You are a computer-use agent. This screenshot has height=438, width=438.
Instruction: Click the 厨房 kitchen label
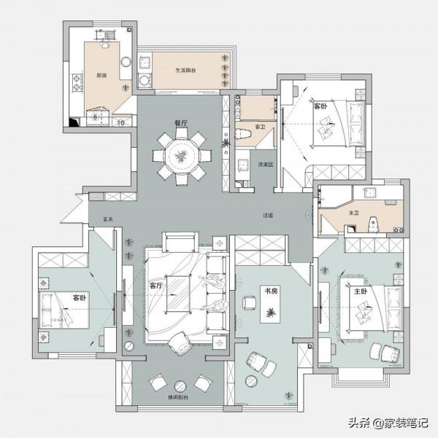[101, 75]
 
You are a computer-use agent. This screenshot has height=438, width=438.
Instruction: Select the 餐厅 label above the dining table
[181, 123]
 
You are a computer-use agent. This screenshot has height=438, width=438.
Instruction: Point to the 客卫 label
[259, 127]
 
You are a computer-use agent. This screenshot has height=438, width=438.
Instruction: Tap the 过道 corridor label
[268, 216]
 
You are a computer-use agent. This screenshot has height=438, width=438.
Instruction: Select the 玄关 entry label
[107, 218]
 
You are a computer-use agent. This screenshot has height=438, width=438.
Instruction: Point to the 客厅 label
[155, 286]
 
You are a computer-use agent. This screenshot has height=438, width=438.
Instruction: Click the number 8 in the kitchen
[95, 117]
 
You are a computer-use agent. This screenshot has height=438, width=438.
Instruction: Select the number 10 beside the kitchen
[120, 122]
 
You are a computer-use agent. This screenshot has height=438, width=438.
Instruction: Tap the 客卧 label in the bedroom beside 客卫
[321, 106]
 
